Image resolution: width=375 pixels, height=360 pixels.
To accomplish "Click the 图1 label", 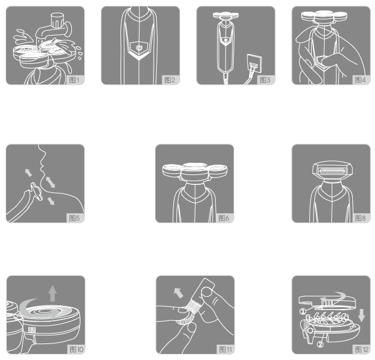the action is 74,80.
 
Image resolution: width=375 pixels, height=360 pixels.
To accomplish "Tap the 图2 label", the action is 170,80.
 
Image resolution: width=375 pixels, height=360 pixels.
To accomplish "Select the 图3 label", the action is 265,80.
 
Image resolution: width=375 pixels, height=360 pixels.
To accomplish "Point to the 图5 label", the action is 74,218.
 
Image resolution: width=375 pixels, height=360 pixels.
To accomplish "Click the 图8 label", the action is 360,218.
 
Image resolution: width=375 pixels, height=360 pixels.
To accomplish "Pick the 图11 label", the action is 225,350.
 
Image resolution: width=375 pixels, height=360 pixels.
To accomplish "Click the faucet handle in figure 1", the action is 57,20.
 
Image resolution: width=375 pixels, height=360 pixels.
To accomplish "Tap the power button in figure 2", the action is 139,47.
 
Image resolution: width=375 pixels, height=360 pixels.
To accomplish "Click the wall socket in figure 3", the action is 255,63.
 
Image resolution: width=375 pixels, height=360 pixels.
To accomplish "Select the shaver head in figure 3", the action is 226,15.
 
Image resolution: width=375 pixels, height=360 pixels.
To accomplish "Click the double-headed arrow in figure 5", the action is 50,182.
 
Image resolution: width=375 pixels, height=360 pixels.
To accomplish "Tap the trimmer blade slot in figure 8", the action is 332,171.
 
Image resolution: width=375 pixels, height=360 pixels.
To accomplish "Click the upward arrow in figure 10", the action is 52,293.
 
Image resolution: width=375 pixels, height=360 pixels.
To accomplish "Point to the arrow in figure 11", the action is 178,293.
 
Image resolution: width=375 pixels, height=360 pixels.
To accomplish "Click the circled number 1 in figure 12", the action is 302,311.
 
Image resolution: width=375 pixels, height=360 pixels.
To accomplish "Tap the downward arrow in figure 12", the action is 361,315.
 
